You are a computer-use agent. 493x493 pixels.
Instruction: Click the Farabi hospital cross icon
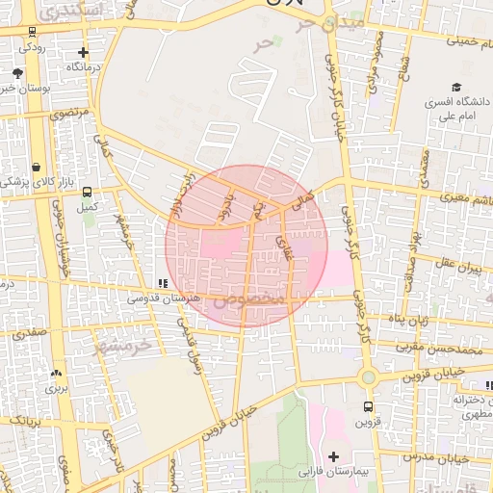click(x=334, y=455)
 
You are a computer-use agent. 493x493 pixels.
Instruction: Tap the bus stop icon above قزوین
click(x=368, y=406)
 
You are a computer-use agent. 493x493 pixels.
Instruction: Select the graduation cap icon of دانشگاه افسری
click(x=454, y=87)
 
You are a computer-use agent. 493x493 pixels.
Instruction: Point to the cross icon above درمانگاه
click(x=84, y=53)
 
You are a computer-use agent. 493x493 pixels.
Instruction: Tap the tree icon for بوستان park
click(x=17, y=72)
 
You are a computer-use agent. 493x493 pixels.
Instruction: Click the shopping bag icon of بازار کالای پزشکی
click(x=37, y=167)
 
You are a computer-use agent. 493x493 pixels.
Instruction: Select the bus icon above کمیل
click(x=88, y=192)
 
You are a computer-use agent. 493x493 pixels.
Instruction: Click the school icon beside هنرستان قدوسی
click(x=162, y=284)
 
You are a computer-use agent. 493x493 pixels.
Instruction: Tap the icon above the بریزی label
click(x=56, y=373)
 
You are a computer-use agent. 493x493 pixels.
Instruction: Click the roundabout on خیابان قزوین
click(x=368, y=376)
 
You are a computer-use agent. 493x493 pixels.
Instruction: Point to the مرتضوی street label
click(x=70, y=114)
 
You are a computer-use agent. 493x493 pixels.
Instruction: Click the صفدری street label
click(x=28, y=332)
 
